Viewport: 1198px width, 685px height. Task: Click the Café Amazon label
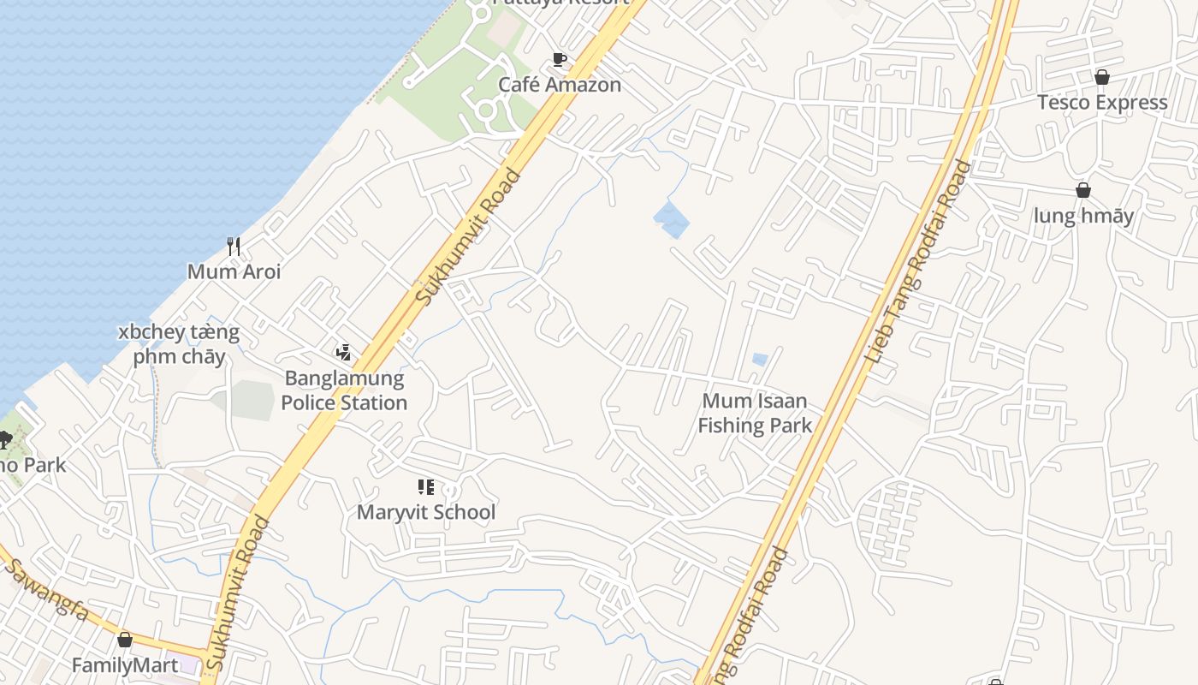[560, 85]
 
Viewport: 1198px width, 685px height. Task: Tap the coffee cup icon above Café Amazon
[560, 59]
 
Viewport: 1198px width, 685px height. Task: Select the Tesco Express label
[1102, 103]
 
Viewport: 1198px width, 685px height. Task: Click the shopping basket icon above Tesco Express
[1102, 77]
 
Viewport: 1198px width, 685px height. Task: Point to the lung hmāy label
[1083, 216]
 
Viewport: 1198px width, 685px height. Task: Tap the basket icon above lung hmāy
[1083, 190]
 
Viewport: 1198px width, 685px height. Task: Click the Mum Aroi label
[234, 271]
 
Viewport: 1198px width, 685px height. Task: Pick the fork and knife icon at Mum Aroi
[234, 247]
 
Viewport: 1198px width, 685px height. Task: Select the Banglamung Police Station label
[344, 390]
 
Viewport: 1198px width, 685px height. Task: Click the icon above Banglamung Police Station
[344, 352]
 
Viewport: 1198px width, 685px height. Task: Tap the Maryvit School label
[426, 513]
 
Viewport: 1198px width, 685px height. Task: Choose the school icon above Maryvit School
[426, 487]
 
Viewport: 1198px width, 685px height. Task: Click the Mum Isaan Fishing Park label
[755, 413]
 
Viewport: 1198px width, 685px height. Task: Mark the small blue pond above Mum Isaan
[759, 360]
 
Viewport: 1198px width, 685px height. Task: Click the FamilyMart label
[125, 665]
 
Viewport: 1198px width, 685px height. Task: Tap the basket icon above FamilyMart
[125, 640]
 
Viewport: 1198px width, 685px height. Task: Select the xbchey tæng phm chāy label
[179, 344]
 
